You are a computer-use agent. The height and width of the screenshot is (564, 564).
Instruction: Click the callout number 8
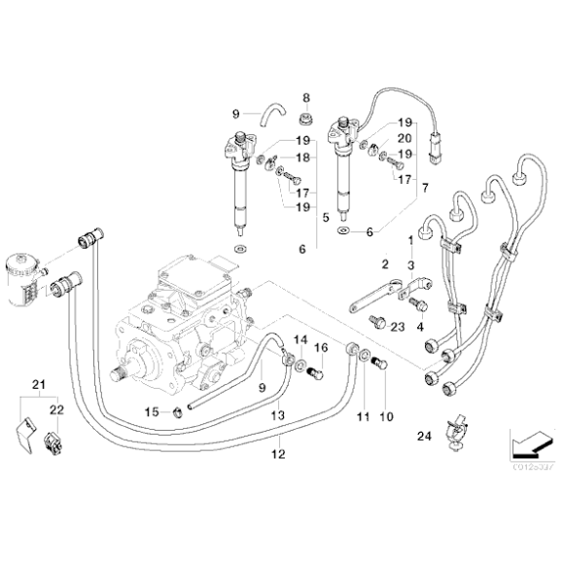pyautogui.click(x=305, y=97)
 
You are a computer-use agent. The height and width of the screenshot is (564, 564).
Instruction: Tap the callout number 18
pyautogui.click(x=303, y=158)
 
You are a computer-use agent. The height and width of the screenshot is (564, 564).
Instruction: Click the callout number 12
pyautogui.click(x=278, y=453)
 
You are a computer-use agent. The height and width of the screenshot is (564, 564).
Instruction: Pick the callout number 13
pyautogui.click(x=277, y=415)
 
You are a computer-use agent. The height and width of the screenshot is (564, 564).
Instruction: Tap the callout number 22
pyautogui.click(x=56, y=410)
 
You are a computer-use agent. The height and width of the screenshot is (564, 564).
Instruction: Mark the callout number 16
pyautogui.click(x=321, y=346)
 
